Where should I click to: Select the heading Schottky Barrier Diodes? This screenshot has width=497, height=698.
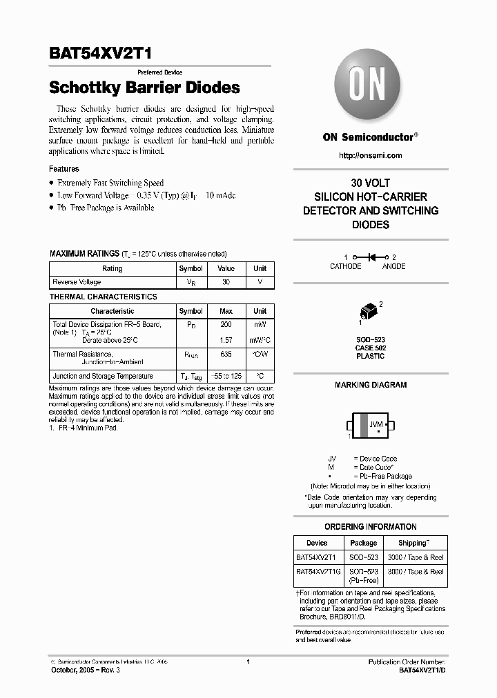point(144,88)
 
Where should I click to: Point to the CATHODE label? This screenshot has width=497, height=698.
point(345,266)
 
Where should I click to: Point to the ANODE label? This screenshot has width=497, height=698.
point(394,266)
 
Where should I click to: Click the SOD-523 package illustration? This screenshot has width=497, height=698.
point(370,310)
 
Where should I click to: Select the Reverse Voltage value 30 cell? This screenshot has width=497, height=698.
point(226,282)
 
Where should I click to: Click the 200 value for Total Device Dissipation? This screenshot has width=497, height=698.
point(226,324)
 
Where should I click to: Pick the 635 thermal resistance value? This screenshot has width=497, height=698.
point(226,354)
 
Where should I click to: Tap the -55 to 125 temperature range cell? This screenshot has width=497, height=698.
point(226,377)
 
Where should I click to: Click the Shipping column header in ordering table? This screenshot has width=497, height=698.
point(412,543)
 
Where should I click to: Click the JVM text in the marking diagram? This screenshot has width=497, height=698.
point(376,424)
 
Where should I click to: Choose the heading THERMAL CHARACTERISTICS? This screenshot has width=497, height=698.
point(104,297)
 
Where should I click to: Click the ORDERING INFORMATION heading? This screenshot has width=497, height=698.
point(371,527)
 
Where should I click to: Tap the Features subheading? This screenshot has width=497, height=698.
point(64,169)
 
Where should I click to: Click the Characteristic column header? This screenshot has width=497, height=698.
point(112,311)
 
